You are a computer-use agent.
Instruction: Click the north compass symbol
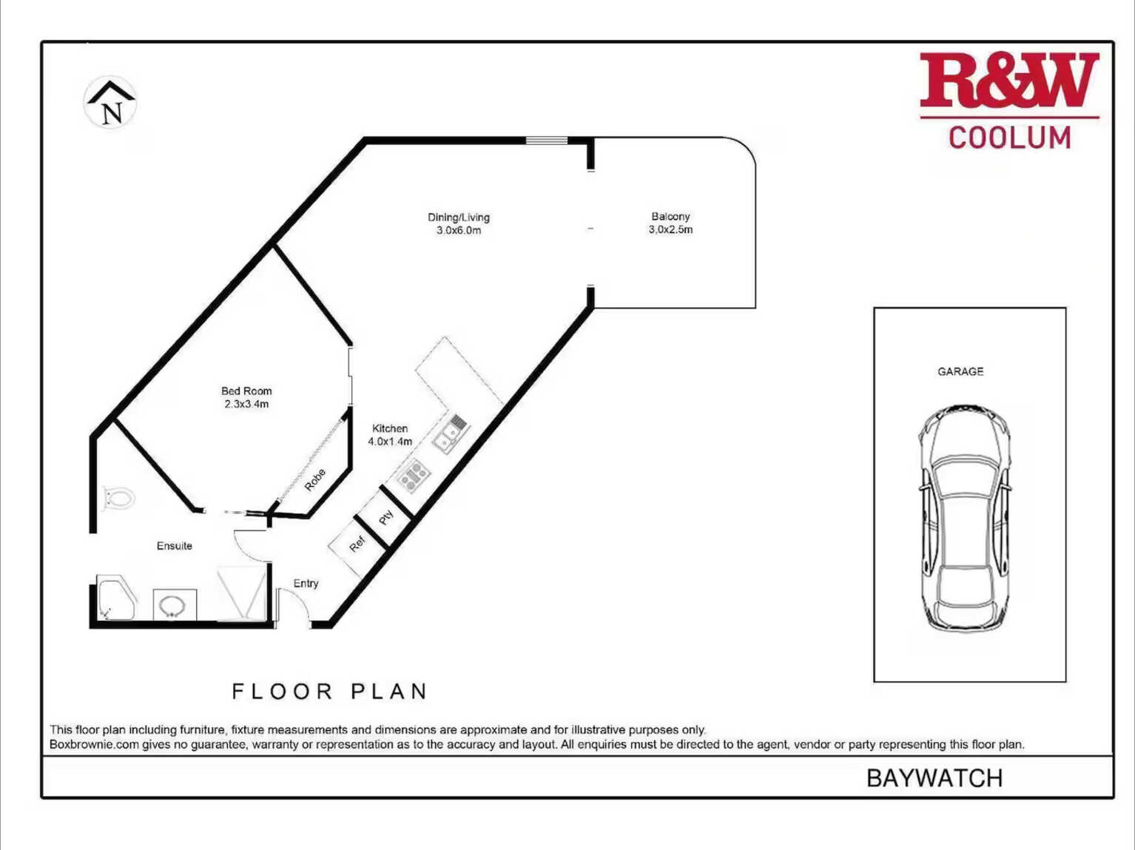[110, 102]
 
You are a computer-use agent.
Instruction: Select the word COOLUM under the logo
[1009, 138]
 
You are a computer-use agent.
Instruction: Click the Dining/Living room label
[459, 224]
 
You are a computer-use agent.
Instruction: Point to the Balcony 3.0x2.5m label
[670, 223]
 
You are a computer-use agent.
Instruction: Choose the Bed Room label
[246, 397]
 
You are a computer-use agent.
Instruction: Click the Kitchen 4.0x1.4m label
[390, 435]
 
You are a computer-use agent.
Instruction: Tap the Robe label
[315, 480]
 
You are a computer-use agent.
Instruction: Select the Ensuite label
[175, 546]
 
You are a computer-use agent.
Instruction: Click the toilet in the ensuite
[118, 499]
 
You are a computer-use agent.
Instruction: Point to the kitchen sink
[451, 434]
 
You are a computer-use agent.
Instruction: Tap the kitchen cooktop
[413, 476]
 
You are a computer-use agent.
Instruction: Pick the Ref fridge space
[357, 544]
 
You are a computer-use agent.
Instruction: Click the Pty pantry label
[386, 517]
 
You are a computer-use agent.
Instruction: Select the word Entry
[306, 584]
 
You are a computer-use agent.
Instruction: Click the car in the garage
[964, 519]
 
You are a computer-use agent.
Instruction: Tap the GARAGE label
[960, 372]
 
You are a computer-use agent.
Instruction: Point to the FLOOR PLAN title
[329, 692]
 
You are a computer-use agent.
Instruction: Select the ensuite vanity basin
[175, 605]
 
